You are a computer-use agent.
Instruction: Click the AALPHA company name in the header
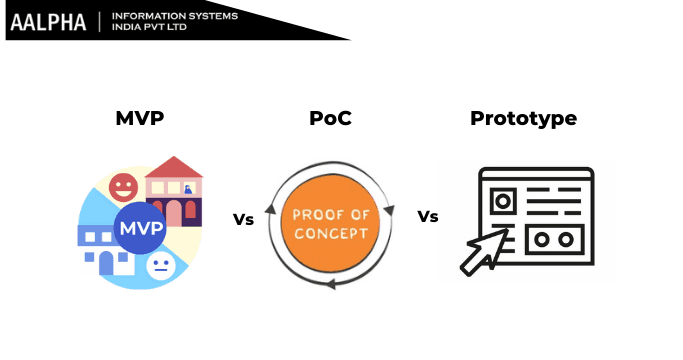click(x=48, y=22)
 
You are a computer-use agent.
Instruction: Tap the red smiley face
click(x=123, y=186)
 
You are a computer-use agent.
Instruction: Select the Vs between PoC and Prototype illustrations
click(x=428, y=217)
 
